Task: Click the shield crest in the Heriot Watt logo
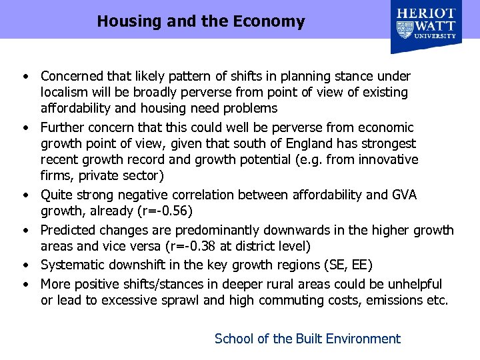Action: pos(405,29)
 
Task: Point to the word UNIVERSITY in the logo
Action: pos(436,37)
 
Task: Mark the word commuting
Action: pos(293,300)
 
